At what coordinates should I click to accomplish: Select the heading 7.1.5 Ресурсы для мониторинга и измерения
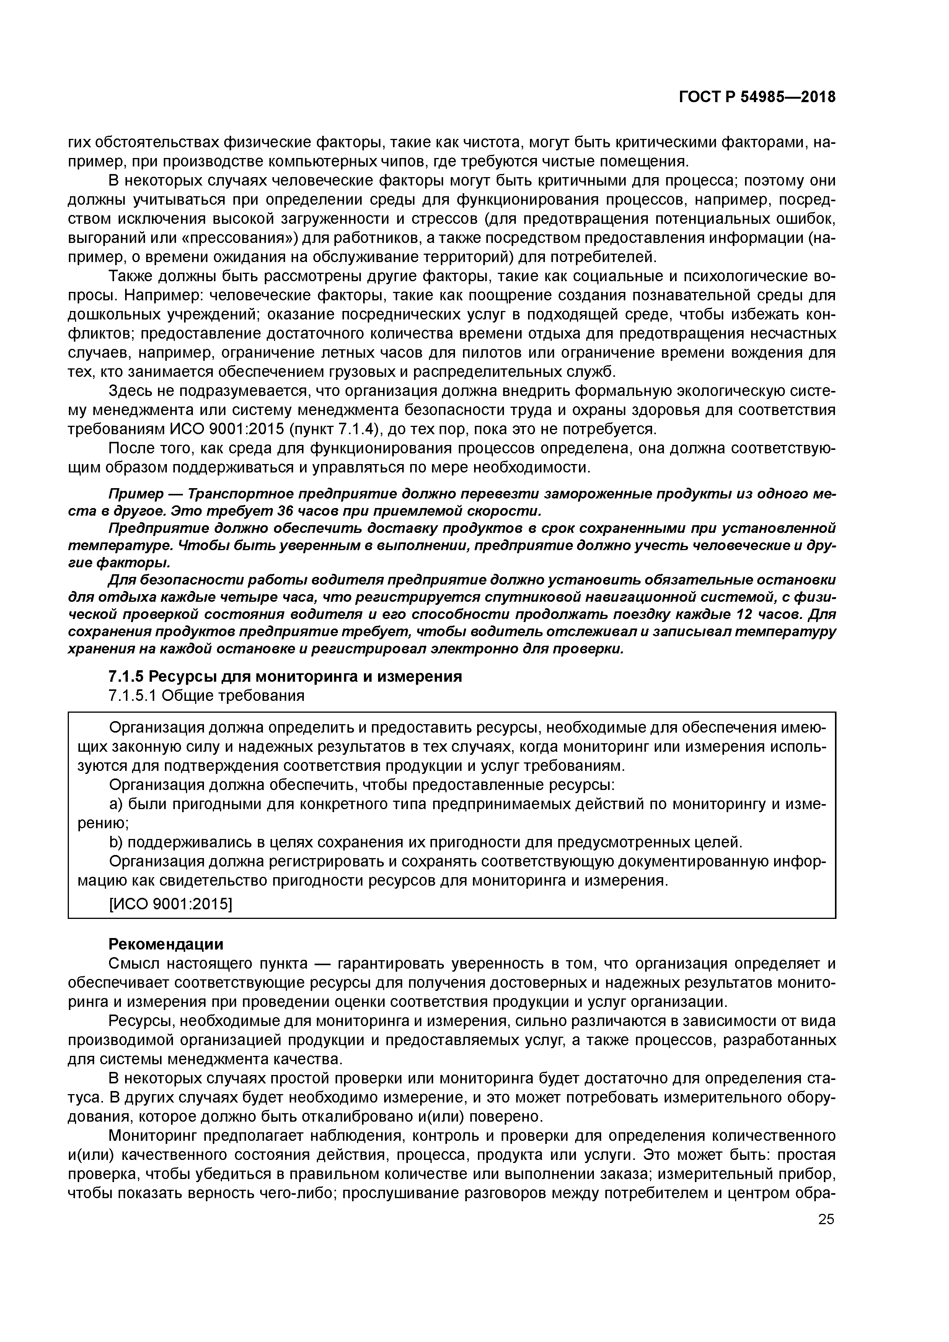(285, 676)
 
